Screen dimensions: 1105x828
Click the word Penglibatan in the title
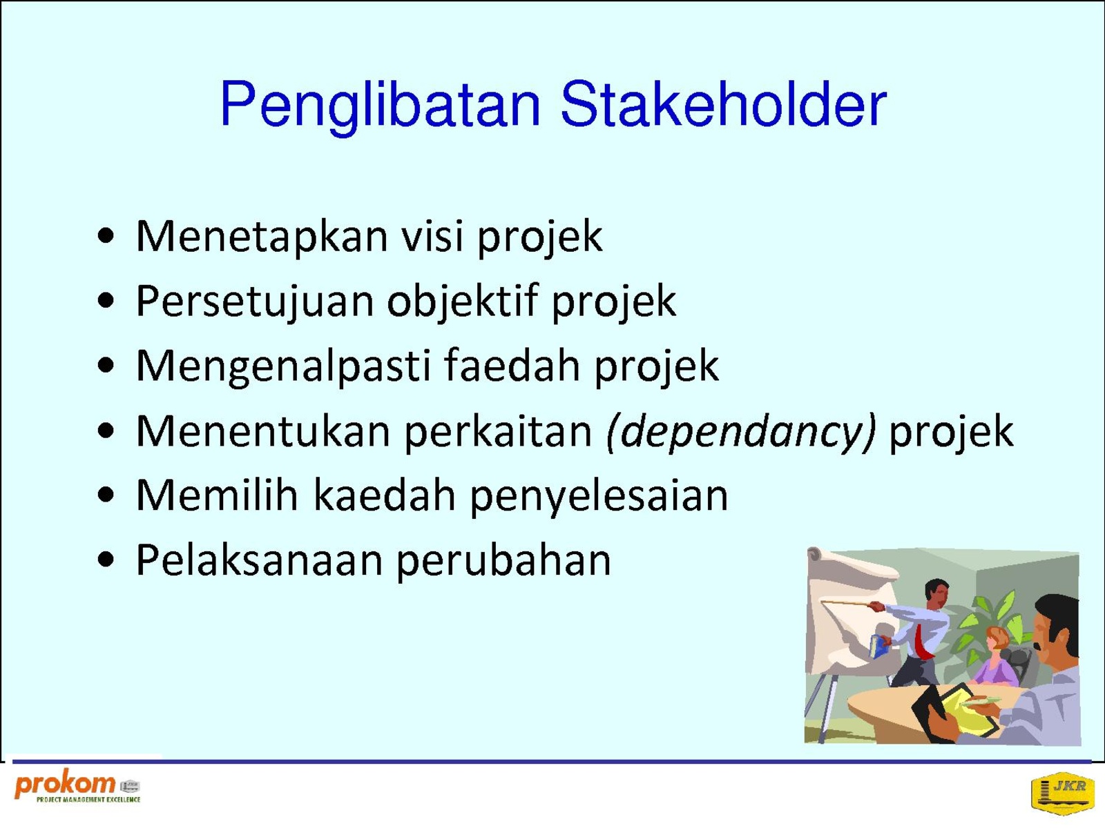[380, 106]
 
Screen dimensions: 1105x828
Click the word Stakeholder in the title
[723, 104]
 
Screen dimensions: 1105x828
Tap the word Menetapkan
[262, 237]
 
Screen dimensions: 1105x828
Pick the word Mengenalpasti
[284, 366]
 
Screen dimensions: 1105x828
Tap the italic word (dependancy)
[741, 431]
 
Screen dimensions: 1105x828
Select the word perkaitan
[499, 431]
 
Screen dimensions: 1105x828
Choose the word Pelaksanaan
[260, 560]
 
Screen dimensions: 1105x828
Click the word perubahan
[503, 560]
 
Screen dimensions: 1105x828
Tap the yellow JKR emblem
[1062, 793]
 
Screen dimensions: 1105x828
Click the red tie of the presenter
[921, 641]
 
